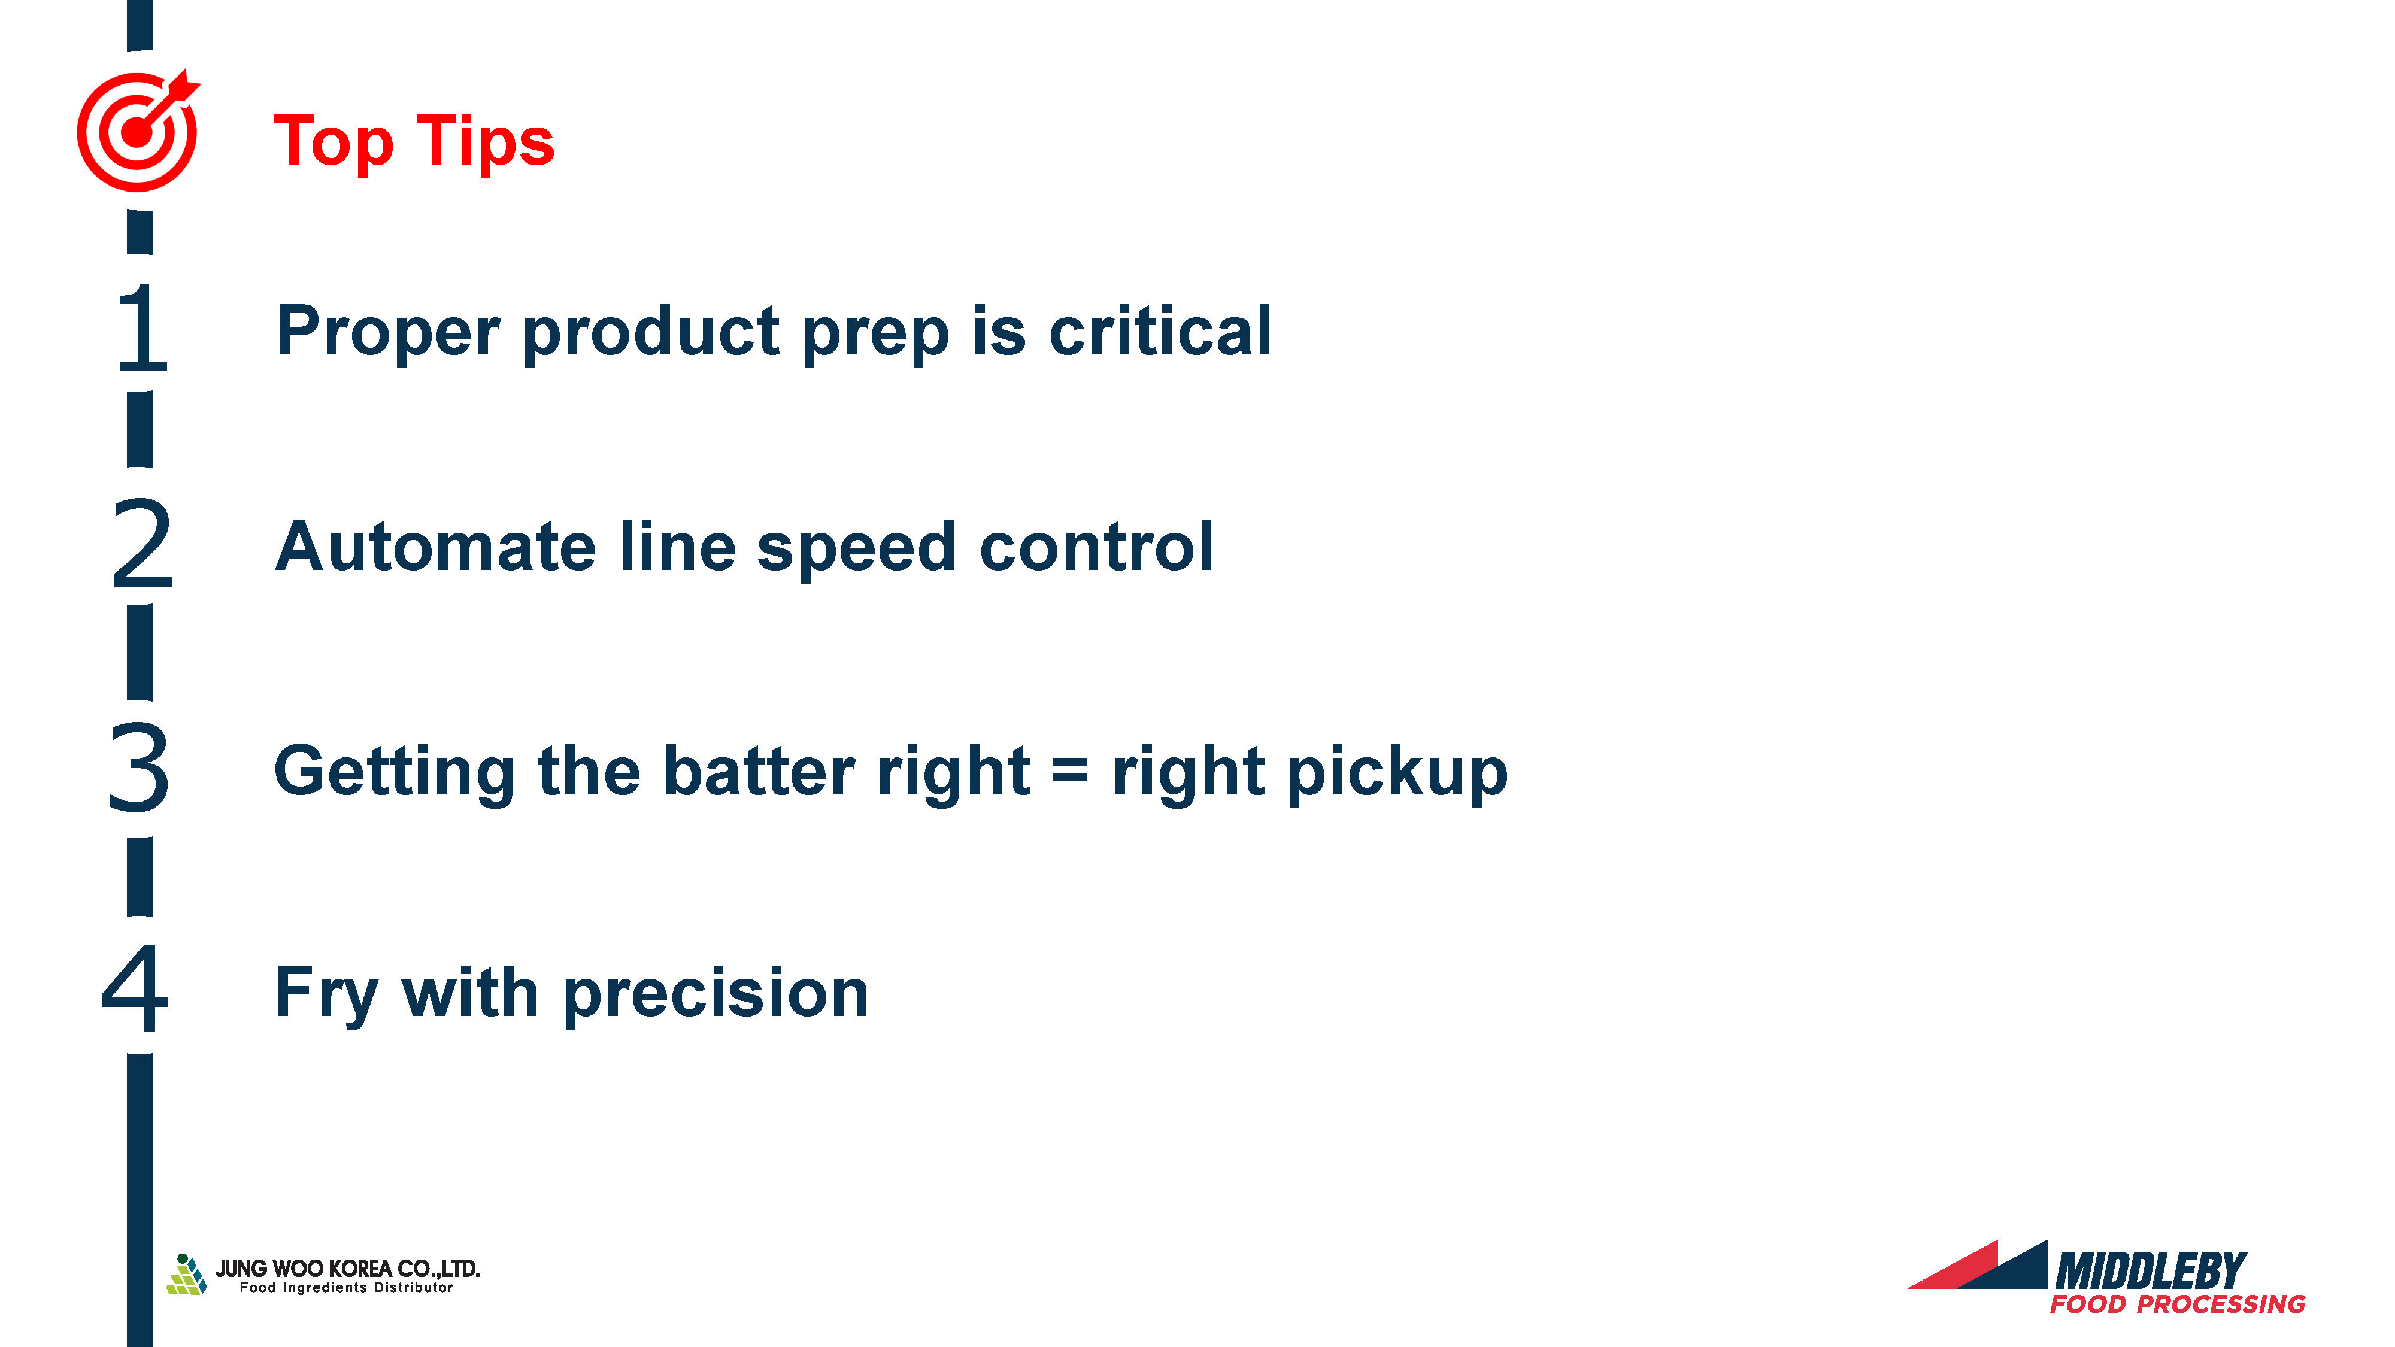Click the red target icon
coord(138,131)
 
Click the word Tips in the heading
coord(486,143)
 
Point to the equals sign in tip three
coord(1070,772)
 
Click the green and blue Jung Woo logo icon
coord(186,1275)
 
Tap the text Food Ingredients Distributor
coord(347,1288)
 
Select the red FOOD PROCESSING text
coord(2178,1304)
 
